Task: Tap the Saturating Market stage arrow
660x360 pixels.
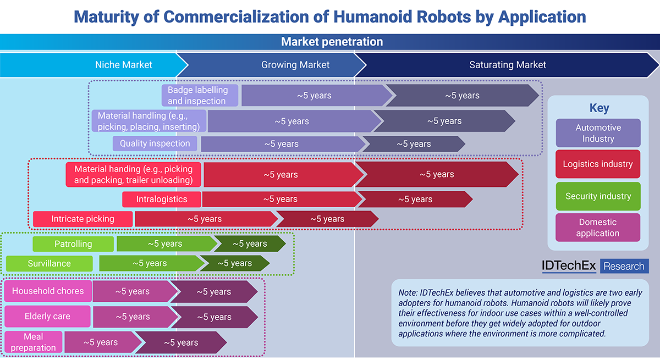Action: click(x=507, y=65)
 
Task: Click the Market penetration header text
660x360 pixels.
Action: click(x=332, y=42)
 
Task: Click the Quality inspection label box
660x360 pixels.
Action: click(x=155, y=143)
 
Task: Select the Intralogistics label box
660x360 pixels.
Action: click(x=162, y=200)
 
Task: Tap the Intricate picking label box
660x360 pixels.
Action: click(x=83, y=219)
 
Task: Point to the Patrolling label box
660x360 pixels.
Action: click(x=73, y=244)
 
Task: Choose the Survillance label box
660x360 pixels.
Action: click(x=49, y=263)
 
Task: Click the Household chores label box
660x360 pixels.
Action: click(x=48, y=291)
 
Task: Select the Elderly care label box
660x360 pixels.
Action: click(x=47, y=317)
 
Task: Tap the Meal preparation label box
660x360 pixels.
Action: click(x=34, y=342)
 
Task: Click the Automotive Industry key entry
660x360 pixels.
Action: click(x=598, y=133)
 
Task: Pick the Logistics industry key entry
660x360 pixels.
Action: click(x=598, y=164)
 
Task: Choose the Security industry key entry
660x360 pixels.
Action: click(x=598, y=196)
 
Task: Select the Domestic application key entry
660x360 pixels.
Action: click(x=598, y=228)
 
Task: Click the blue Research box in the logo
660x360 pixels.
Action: click(x=624, y=266)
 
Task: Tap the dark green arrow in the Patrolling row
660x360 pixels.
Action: click(x=250, y=243)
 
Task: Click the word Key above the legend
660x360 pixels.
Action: click(x=599, y=108)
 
